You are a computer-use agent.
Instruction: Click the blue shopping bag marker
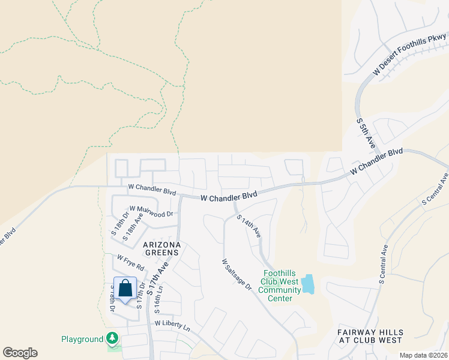[125, 289]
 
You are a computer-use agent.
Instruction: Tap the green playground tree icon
[112, 339]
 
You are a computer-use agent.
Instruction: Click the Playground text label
[82, 339]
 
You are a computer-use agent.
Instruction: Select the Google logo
[20, 353]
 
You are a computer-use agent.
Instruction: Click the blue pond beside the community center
[307, 284]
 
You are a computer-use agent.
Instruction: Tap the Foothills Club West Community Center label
[280, 286]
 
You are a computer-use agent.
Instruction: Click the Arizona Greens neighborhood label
[161, 249]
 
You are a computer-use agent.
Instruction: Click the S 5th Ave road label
[366, 133]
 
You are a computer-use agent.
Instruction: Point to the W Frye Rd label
[130, 262]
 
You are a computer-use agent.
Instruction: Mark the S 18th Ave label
[133, 229]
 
